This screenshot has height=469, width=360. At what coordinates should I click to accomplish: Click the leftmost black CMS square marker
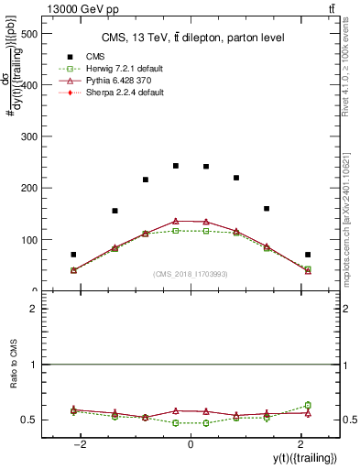(x=73, y=255)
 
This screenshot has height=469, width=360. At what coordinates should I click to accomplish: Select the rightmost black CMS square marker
(x=308, y=255)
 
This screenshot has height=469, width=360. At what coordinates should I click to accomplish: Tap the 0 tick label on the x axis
(x=190, y=444)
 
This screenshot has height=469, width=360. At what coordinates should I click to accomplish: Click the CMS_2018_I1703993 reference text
(x=191, y=274)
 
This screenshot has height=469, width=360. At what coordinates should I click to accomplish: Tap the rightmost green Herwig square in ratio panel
(x=308, y=405)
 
